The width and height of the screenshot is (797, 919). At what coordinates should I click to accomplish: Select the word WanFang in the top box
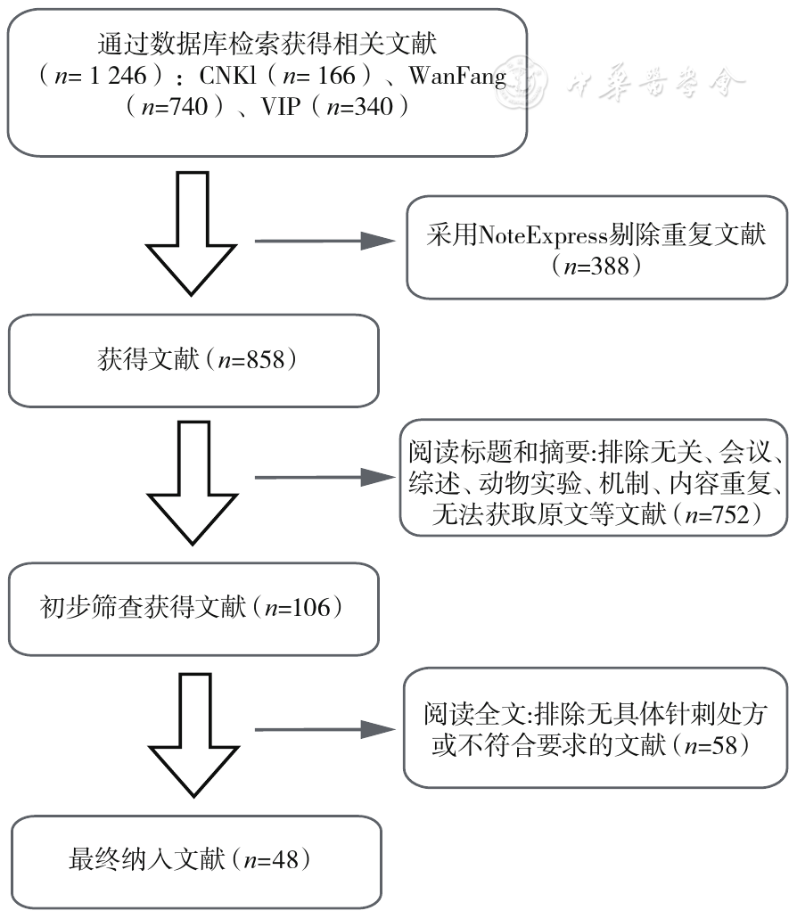click(x=457, y=75)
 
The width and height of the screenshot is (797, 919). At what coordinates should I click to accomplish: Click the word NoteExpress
click(x=534, y=236)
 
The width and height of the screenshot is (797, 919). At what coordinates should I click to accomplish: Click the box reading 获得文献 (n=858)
click(x=194, y=360)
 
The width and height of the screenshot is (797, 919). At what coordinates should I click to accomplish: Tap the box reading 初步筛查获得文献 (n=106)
click(x=194, y=608)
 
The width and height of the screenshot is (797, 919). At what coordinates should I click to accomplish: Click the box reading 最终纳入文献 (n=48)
click(x=194, y=860)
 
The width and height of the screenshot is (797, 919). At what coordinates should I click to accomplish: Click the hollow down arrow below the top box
click(x=193, y=234)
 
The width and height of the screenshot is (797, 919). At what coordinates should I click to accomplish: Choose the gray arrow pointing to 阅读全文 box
click(x=322, y=730)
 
